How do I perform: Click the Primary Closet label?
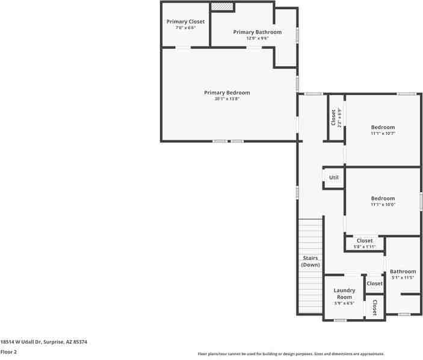pyautogui.click(x=185, y=22)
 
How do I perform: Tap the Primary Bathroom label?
pyautogui.click(x=257, y=32)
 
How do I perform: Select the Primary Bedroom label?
pyautogui.click(x=227, y=93)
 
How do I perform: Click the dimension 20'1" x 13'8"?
pyautogui.click(x=227, y=99)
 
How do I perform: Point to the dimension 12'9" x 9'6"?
pyautogui.click(x=257, y=38)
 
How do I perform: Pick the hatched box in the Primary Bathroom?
pyautogui.click(x=221, y=6)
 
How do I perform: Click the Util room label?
pyautogui.click(x=333, y=178)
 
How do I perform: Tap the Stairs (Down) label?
pyautogui.click(x=310, y=261)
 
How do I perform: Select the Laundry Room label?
pyautogui.click(x=344, y=294)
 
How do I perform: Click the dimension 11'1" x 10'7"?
pyautogui.click(x=383, y=134)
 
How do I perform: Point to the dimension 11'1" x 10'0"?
pyautogui.click(x=383, y=205)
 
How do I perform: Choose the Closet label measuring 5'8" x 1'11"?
pyautogui.click(x=364, y=241)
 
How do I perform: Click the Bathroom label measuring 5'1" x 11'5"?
pyautogui.click(x=403, y=272)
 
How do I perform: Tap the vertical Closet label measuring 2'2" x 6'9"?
pyautogui.click(x=333, y=117)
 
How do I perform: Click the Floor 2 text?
pyautogui.click(x=8, y=352)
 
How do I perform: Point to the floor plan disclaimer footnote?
pyautogui.click(x=291, y=354)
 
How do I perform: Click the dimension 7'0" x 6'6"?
pyautogui.click(x=185, y=28)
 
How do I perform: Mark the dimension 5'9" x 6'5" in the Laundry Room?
pyautogui.click(x=344, y=303)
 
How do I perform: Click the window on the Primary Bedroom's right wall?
pyautogui.click(x=297, y=82)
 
